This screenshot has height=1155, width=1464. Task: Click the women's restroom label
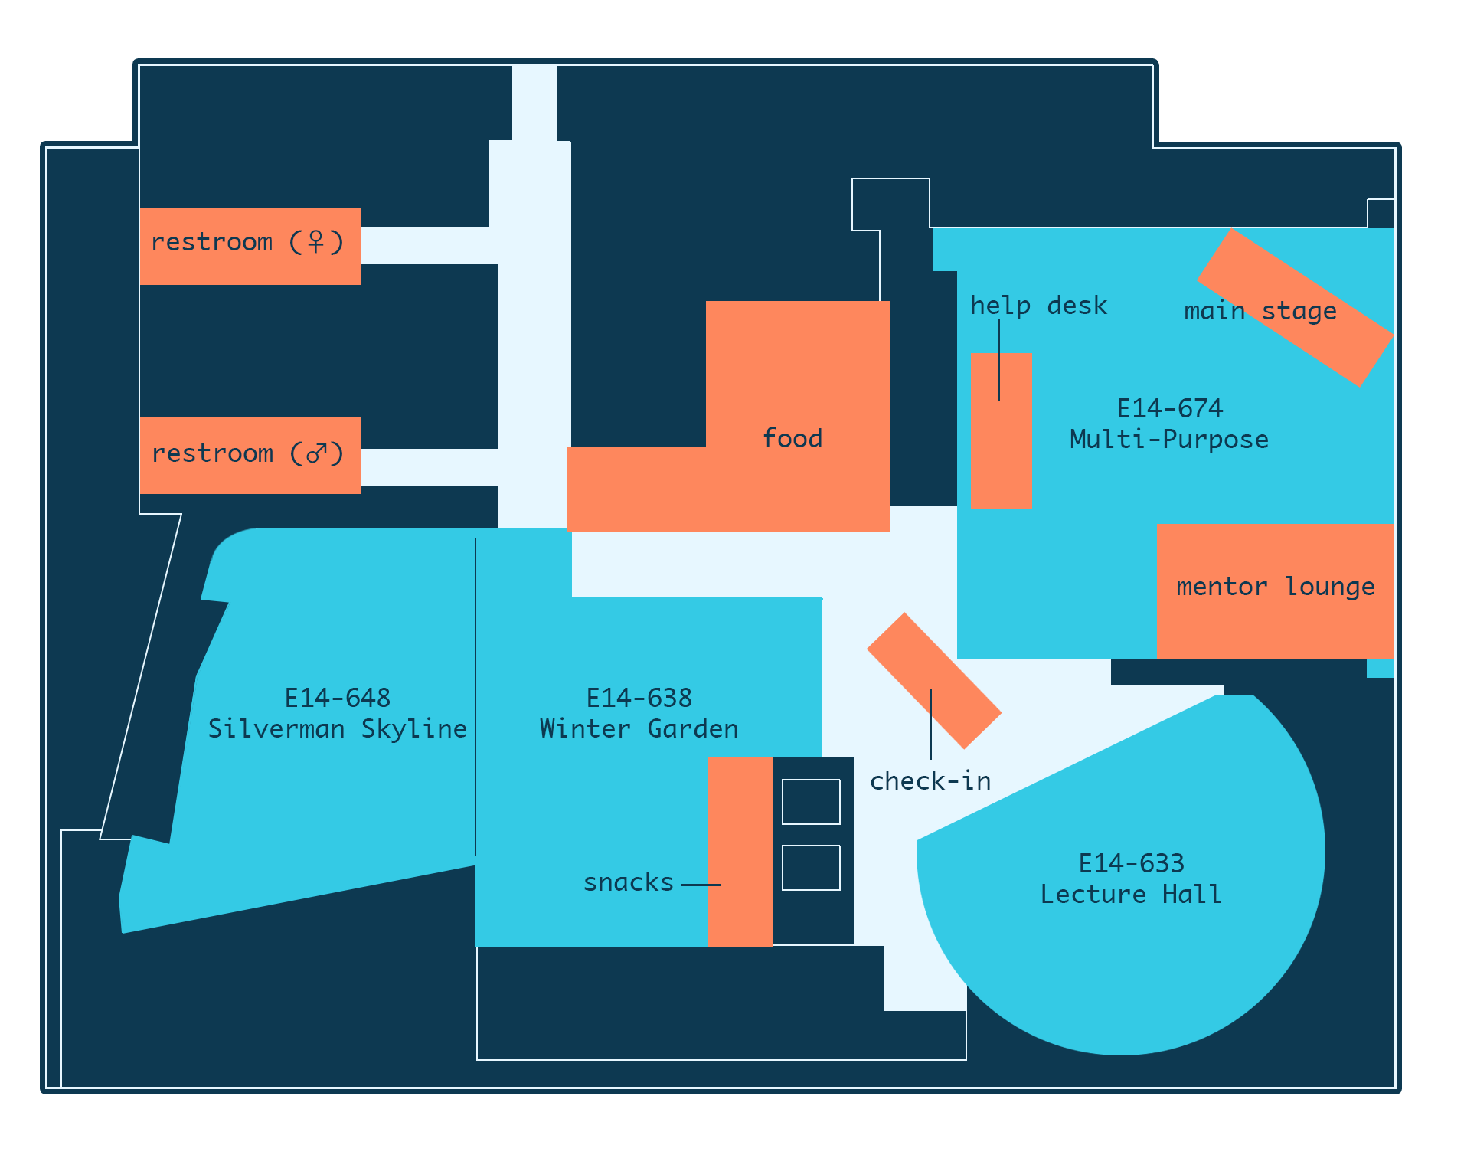(247, 243)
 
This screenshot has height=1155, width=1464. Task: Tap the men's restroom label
(247, 453)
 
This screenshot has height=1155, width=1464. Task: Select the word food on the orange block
(792, 438)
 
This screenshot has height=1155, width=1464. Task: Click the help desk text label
(1038, 305)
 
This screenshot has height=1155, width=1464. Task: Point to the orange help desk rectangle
(1001, 431)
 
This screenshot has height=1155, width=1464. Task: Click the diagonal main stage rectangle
(1295, 307)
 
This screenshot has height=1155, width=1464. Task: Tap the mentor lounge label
(1276, 587)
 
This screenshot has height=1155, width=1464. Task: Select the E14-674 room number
(1170, 408)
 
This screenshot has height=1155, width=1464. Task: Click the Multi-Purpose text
(1169, 440)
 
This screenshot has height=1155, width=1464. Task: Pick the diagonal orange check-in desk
(934, 680)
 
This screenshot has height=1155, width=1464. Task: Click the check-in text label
(930, 781)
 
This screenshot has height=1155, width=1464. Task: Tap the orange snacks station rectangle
(740, 852)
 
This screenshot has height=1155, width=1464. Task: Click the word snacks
(628, 882)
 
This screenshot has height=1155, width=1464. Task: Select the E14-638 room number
(639, 698)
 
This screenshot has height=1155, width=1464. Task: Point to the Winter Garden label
(639, 728)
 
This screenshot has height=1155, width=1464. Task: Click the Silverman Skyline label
(338, 728)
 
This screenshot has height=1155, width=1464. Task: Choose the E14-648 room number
(338, 698)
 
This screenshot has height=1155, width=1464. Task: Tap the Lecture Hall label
(1131, 895)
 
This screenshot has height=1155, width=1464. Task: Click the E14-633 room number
(1132, 863)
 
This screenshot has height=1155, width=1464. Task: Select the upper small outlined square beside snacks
(811, 802)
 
